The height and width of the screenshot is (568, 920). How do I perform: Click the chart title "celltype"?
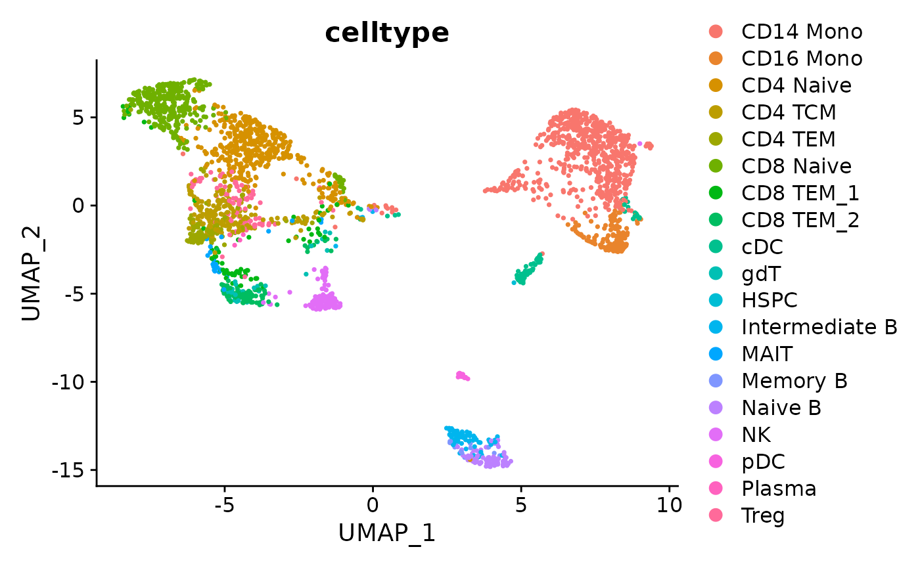[x=387, y=33]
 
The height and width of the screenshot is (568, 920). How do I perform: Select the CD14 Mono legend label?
[x=802, y=32]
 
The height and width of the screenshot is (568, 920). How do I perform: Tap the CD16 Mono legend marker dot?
[x=716, y=58]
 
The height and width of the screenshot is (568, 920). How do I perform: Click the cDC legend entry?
[x=762, y=247]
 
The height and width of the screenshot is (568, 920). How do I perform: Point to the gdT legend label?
[x=761, y=274]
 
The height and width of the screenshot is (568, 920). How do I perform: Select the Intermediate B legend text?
[x=819, y=327]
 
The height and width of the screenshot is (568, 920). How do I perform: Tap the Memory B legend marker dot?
[x=716, y=381]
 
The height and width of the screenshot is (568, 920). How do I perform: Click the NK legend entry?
[x=756, y=435]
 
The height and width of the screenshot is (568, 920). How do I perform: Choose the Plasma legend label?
[x=779, y=489]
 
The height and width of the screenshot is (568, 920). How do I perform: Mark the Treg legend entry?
[x=763, y=515]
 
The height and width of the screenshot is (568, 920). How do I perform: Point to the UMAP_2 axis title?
[x=32, y=273]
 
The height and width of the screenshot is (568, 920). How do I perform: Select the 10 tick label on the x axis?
[x=669, y=506]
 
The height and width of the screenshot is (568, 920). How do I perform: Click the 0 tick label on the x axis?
[x=373, y=506]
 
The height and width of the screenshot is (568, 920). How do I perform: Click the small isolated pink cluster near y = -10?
[x=462, y=376]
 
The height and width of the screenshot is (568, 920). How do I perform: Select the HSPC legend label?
[x=769, y=301]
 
